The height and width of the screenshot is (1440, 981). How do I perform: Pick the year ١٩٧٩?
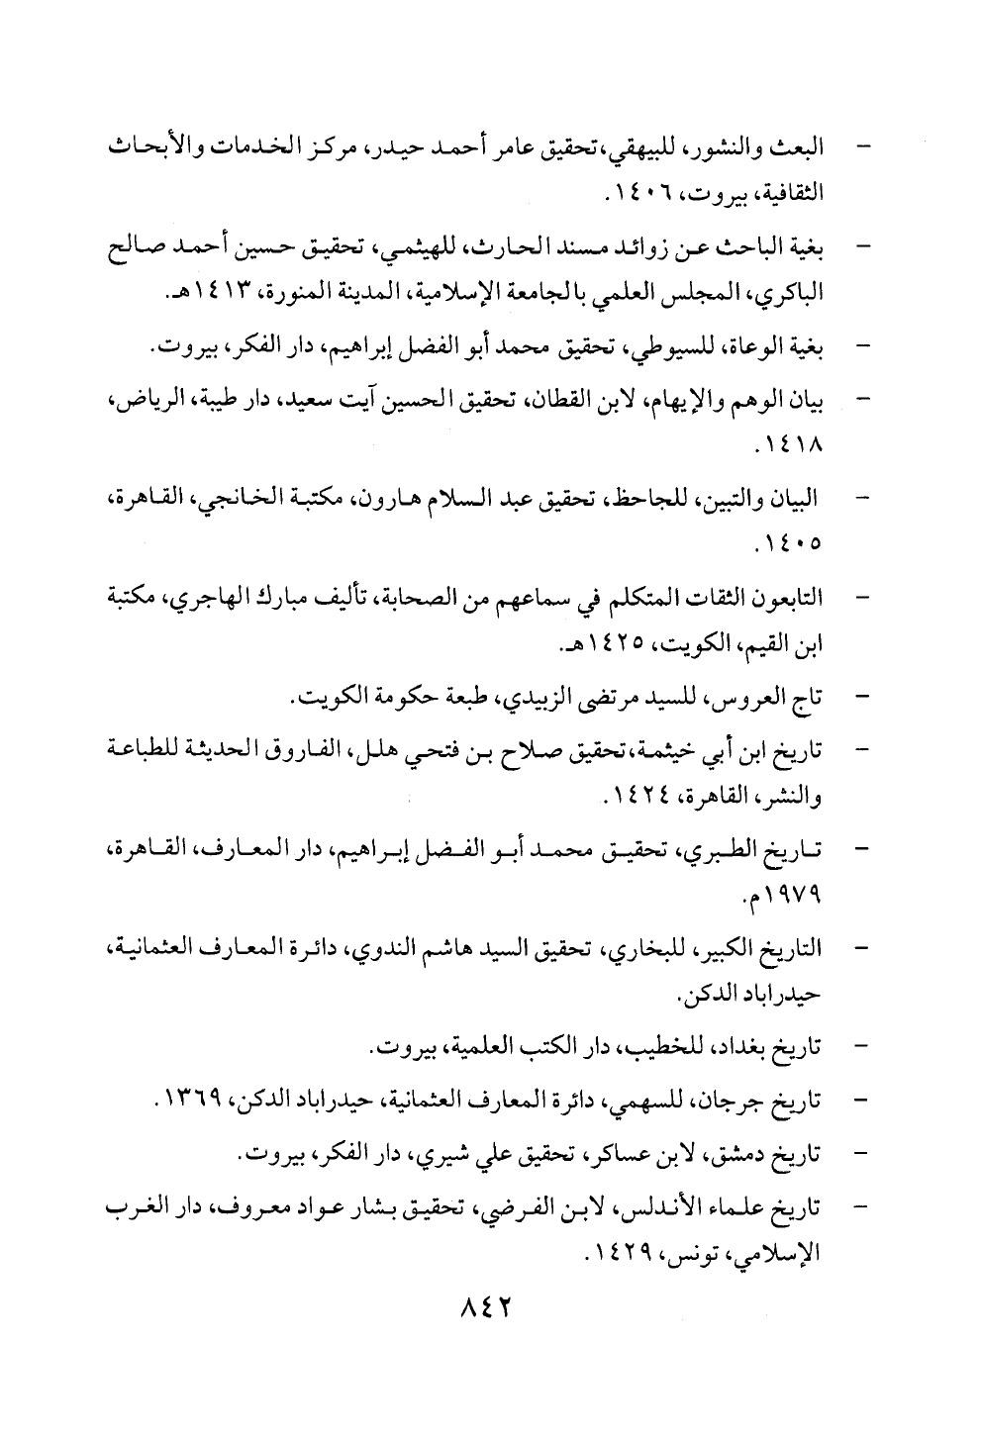tap(792, 897)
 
